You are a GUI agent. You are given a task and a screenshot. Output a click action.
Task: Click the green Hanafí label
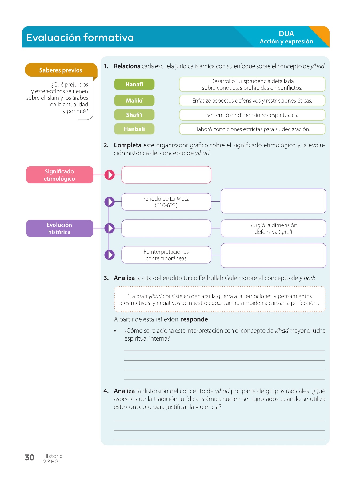point(134,84)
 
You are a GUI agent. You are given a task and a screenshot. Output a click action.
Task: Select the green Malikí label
point(134,101)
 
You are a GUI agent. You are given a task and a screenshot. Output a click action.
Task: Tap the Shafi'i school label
point(134,115)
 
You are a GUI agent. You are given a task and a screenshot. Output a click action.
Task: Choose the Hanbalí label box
point(134,129)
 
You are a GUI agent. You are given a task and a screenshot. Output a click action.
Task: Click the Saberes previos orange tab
point(61,70)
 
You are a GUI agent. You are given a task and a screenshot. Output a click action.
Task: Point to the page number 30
point(29,458)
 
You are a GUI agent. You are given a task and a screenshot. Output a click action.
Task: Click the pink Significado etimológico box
point(59,175)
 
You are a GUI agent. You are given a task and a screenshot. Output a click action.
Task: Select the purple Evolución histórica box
point(59,228)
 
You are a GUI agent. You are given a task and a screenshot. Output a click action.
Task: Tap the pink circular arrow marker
point(109,175)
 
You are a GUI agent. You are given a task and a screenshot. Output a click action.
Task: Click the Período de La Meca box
point(166,202)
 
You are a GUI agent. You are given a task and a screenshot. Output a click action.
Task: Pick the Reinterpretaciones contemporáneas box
point(166,255)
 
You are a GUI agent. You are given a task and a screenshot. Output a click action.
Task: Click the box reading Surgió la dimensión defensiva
point(273,228)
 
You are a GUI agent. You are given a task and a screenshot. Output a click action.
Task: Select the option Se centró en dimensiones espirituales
point(252,115)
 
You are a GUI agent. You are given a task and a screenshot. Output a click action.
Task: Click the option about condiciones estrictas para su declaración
point(252,129)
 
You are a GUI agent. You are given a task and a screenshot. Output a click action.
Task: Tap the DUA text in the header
point(286,34)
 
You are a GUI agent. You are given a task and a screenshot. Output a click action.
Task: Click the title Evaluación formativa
point(80,37)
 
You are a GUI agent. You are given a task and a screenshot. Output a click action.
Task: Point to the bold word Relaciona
point(127,66)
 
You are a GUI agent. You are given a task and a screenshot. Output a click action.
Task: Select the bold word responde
point(194,319)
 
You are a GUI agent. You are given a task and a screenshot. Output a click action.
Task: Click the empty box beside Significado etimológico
point(166,175)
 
